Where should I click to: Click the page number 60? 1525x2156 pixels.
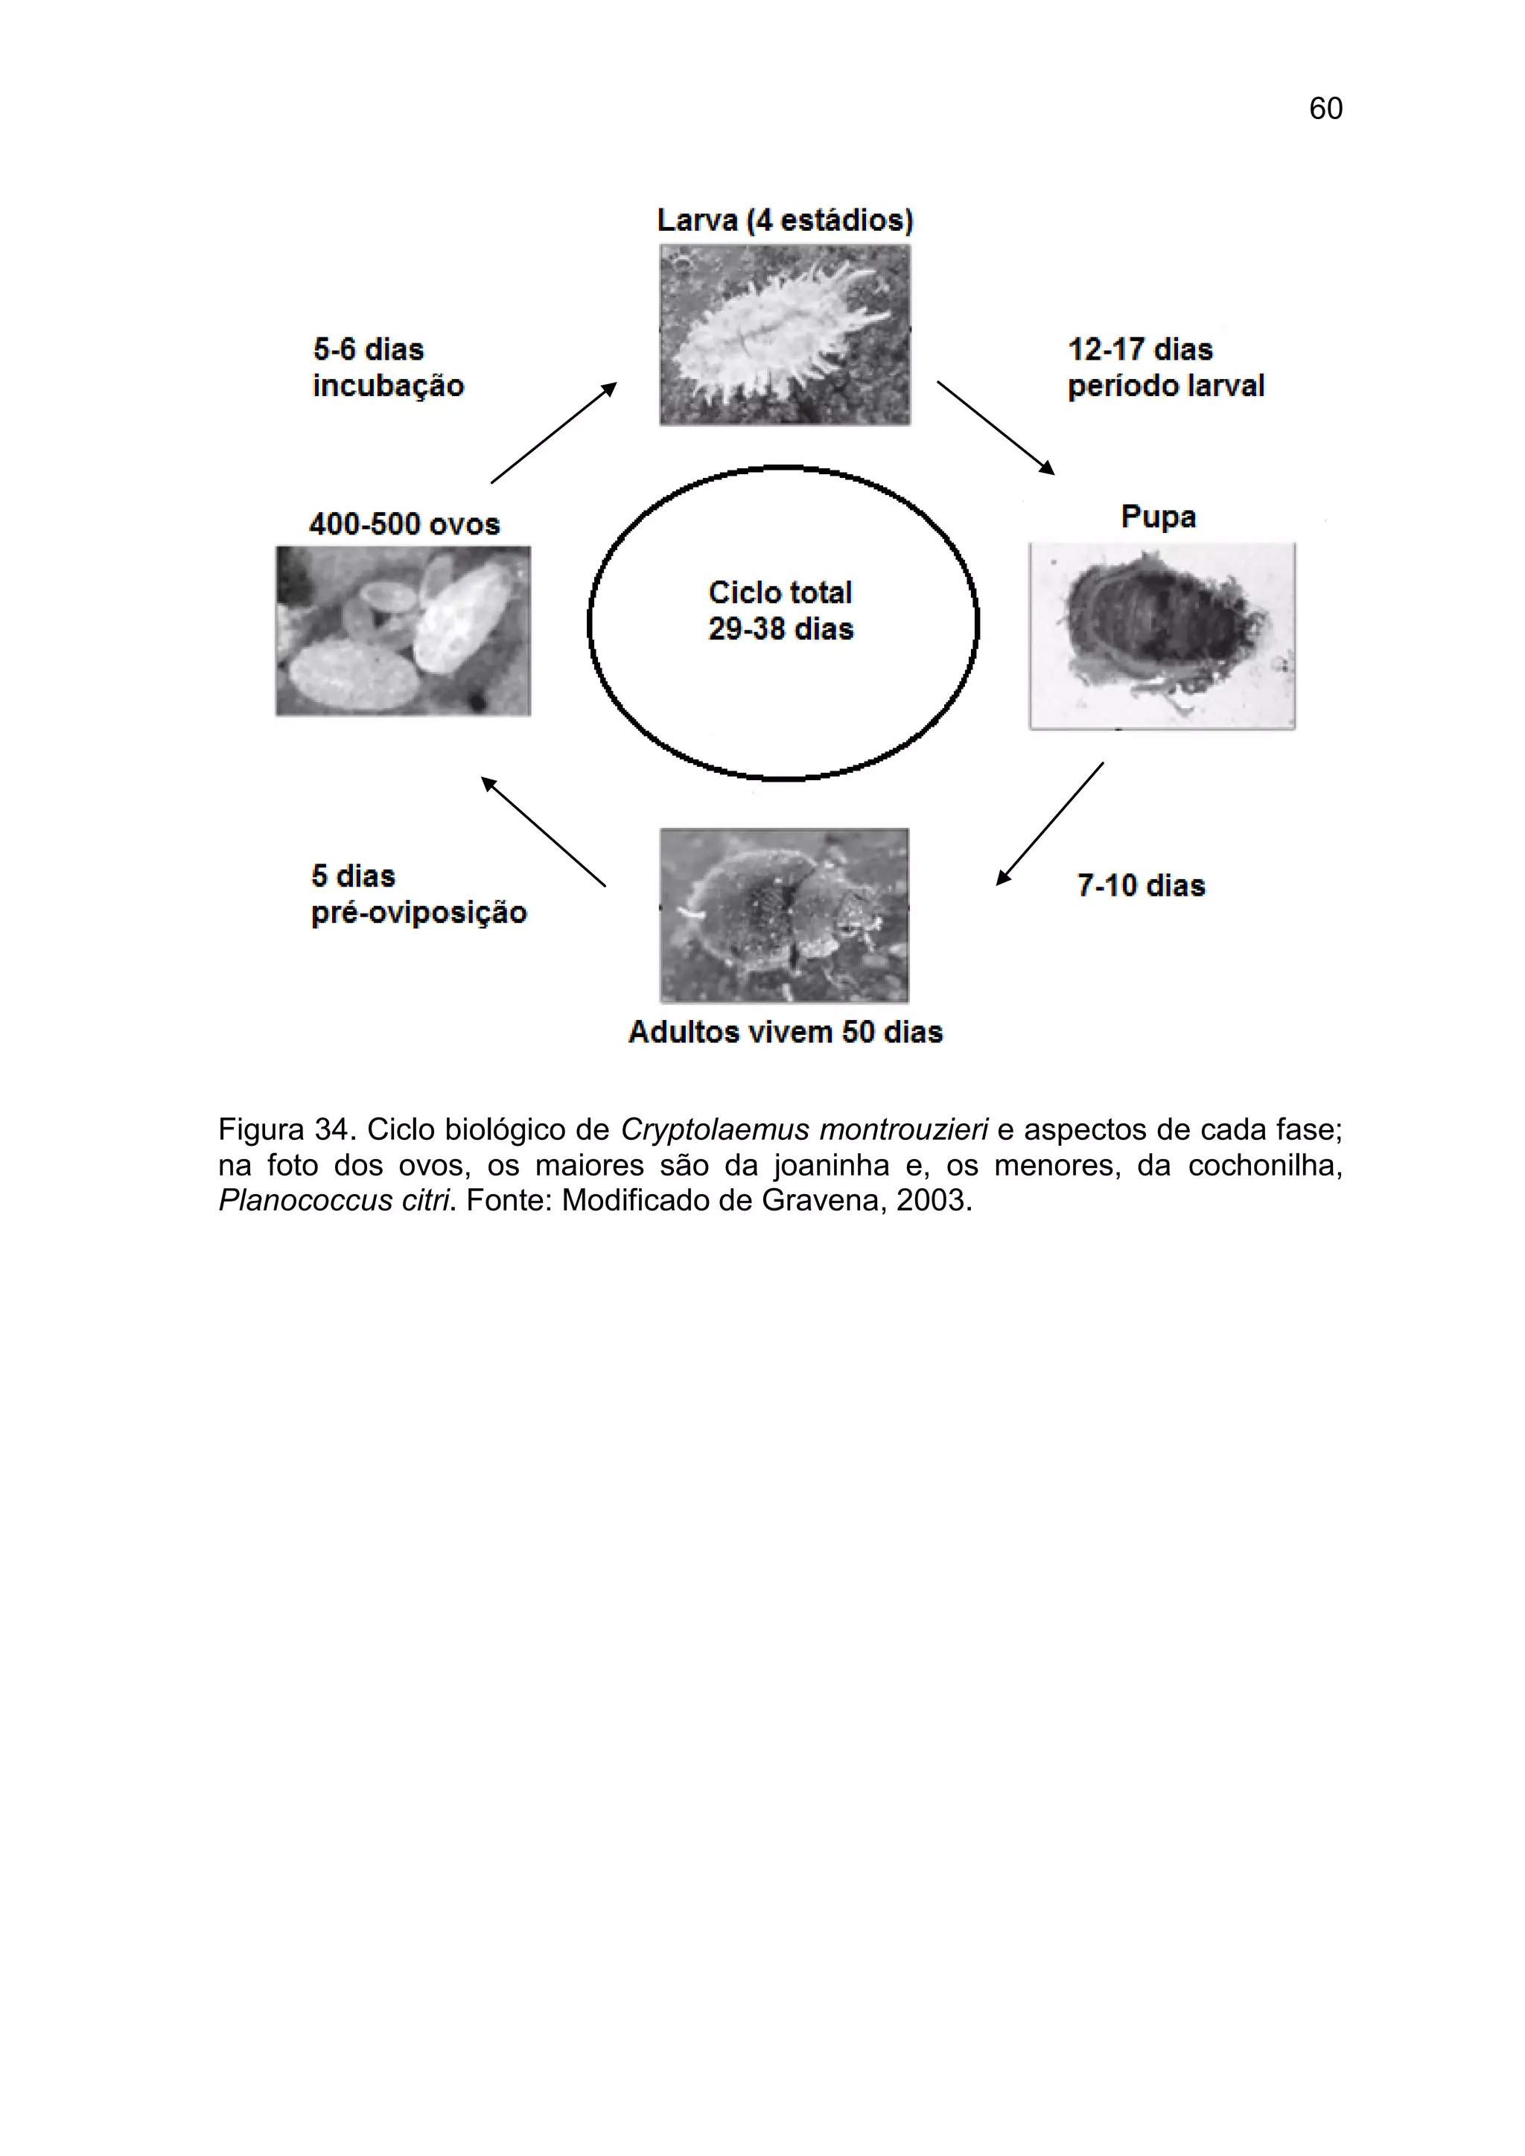1325,109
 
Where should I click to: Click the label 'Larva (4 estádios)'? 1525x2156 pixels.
784,220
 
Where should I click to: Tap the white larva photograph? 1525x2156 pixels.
784,335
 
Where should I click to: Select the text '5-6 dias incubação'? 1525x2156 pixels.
388,367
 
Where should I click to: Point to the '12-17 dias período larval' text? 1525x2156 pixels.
1165,367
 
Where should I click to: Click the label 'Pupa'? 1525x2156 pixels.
1158,517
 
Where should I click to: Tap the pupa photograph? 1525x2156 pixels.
1162,635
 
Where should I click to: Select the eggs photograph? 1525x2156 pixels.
403,631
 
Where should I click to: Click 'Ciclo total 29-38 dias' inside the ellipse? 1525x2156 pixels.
780,610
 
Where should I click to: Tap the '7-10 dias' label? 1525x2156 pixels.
1140,885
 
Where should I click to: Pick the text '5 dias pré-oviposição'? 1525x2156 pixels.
418,894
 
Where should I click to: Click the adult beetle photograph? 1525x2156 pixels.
784,915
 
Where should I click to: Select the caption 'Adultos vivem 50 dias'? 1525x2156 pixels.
785,1032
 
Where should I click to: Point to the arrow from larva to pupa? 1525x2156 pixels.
996,427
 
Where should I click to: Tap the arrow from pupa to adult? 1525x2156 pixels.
1050,823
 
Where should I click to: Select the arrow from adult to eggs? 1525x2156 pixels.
543,832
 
